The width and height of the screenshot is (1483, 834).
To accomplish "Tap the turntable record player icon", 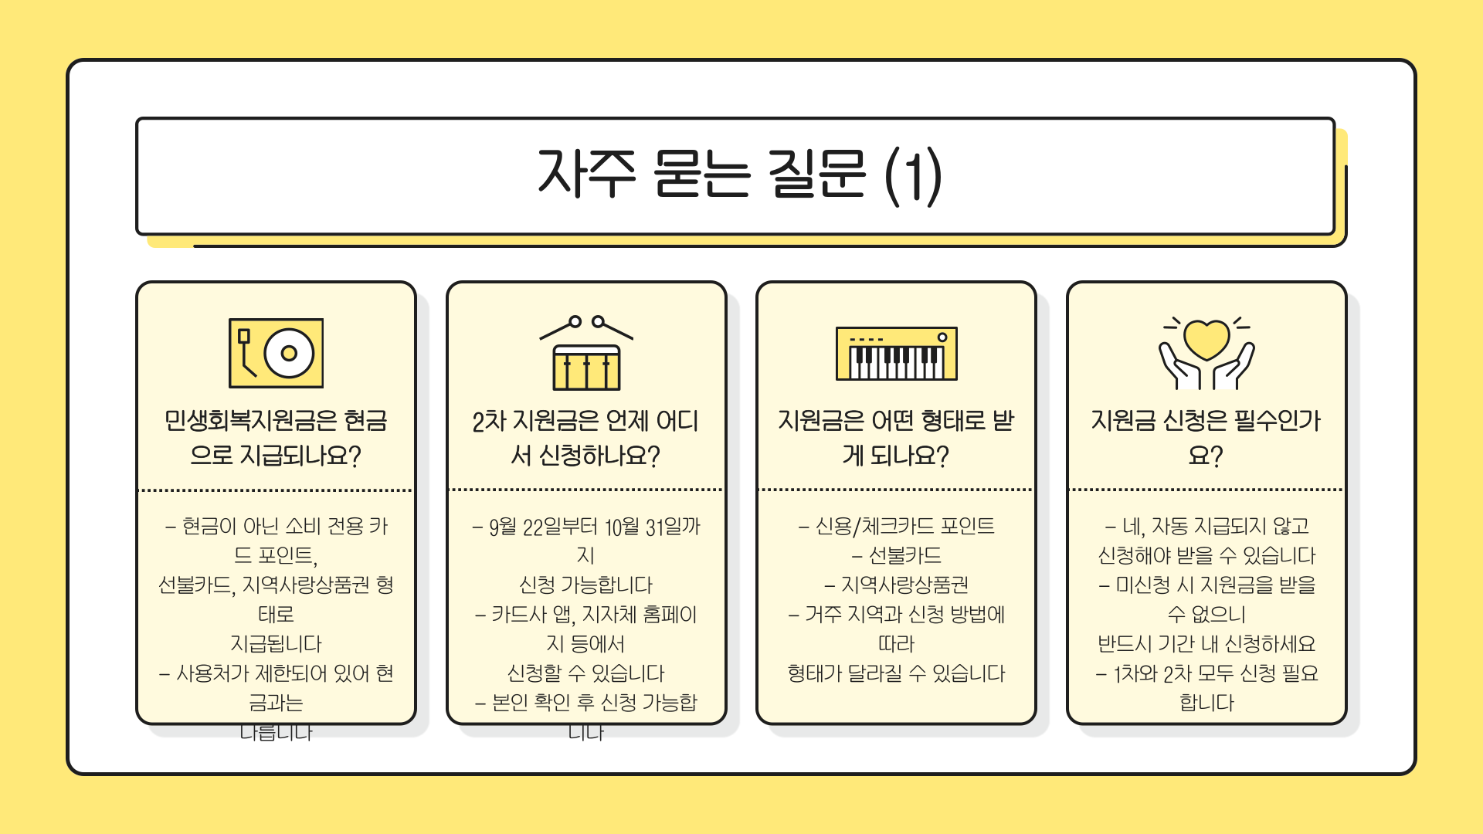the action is [276, 353].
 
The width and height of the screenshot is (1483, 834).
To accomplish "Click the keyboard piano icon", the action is [896, 354].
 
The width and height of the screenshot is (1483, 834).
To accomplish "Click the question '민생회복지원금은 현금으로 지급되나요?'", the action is [276, 438].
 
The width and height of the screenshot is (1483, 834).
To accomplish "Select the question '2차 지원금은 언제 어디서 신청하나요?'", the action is [586, 438].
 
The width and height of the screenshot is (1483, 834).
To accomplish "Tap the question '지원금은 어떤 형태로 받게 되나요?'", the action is [896, 438].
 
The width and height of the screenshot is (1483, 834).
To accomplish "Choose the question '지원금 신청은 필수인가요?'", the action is [1206, 438].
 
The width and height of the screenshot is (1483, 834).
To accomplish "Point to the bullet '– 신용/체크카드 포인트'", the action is [896, 527].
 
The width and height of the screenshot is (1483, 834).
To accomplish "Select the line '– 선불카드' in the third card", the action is [896, 556].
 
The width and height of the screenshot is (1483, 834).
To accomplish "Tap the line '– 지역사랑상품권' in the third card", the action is [896, 585].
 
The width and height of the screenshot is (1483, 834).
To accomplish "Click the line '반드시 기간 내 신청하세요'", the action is [1206, 644].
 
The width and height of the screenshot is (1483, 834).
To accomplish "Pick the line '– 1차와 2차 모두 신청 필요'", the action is [1206, 673].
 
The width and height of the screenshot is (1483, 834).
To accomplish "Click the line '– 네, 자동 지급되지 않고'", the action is [1206, 527].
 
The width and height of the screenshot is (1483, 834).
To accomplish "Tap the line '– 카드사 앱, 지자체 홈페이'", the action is [586, 615].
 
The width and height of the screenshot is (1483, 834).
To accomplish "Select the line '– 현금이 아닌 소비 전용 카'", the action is [276, 527].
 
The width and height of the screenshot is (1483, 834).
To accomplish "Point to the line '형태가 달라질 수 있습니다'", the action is [896, 673].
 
